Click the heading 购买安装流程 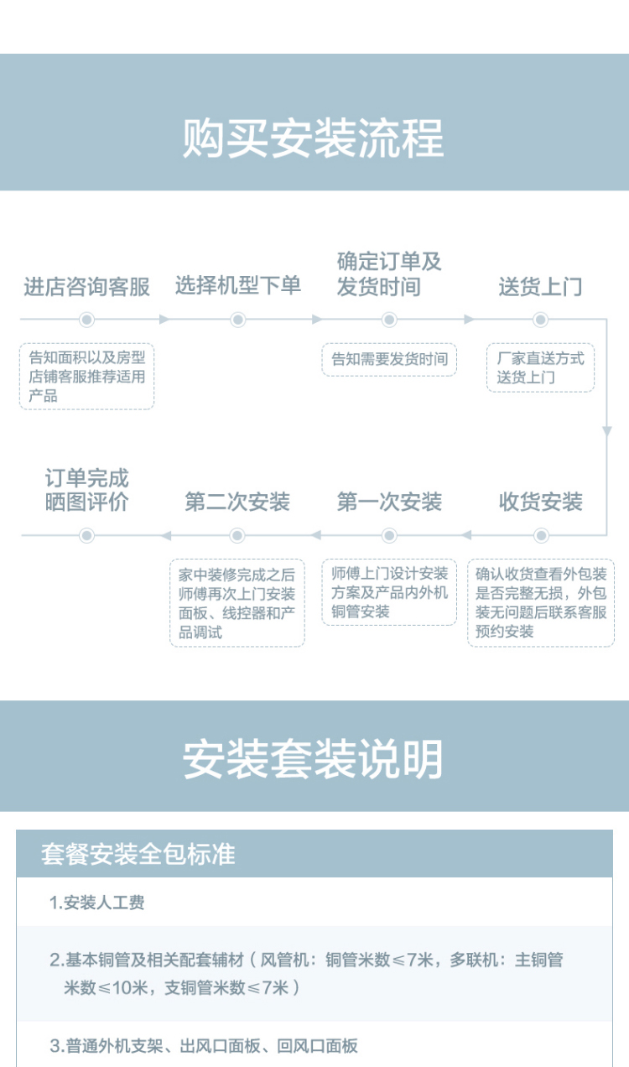click(x=314, y=138)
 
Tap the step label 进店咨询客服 click(x=86, y=287)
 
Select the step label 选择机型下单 click(x=238, y=286)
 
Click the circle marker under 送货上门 click(x=540, y=320)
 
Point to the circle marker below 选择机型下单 click(x=238, y=320)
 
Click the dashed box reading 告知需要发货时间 click(x=389, y=360)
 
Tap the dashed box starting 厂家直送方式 click(x=540, y=367)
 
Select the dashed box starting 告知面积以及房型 click(x=86, y=377)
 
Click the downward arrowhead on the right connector click(x=606, y=431)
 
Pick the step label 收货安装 click(x=540, y=502)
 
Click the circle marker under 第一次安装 click(x=389, y=535)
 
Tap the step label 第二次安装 click(x=237, y=502)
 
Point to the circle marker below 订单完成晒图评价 click(x=86, y=535)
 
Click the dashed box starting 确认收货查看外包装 click(x=541, y=603)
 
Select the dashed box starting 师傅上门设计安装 click(x=389, y=592)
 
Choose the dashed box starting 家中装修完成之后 click(x=237, y=603)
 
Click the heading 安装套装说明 click(x=314, y=759)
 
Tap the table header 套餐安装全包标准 click(x=138, y=854)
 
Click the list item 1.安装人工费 click(x=97, y=903)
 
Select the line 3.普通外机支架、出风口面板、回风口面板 click(x=204, y=1046)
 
